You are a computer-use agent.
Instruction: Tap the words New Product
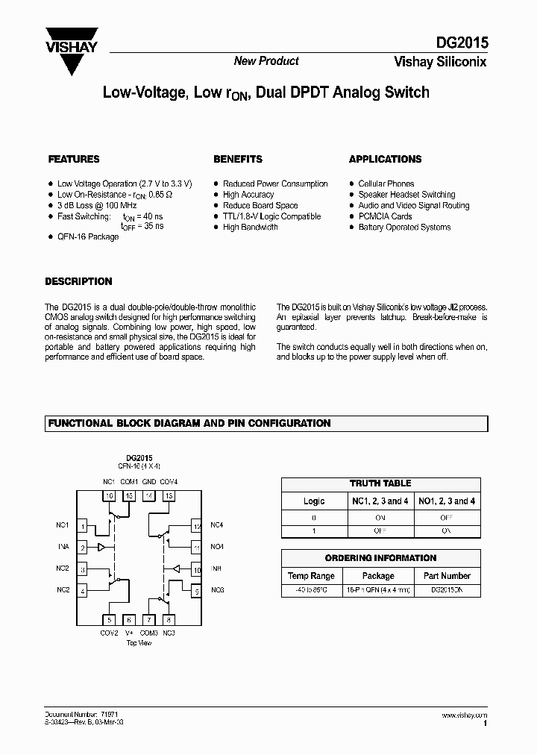point(266,61)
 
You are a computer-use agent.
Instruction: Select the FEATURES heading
point(74,159)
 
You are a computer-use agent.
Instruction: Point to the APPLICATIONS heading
point(385,159)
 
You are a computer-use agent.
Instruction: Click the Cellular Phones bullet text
point(386,184)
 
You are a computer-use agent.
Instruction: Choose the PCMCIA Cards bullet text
point(385,216)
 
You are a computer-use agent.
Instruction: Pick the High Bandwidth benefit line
point(250,227)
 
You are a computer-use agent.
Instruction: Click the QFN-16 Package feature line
point(88,236)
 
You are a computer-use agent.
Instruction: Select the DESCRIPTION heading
point(78,281)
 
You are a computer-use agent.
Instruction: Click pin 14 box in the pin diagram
point(149,495)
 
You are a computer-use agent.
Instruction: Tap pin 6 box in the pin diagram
point(129,619)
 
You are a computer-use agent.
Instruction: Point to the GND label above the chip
point(149,481)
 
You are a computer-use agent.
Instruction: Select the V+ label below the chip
point(129,633)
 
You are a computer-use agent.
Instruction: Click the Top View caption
point(139,642)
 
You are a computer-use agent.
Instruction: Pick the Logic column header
point(314,501)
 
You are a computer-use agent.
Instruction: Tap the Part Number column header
point(446,576)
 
